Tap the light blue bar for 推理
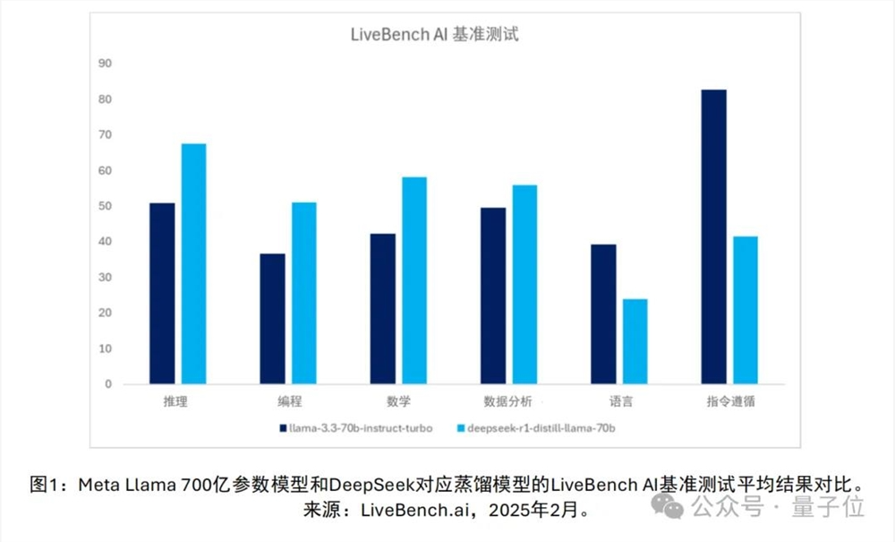tap(194, 264)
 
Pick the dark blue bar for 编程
tap(272, 319)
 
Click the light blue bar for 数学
tap(414, 280)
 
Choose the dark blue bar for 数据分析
tap(492, 297)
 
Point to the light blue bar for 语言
tap(635, 341)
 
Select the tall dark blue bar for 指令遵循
tap(713, 237)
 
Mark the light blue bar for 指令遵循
tap(745, 310)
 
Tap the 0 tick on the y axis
tap(108, 384)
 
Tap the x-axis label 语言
tap(618, 402)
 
